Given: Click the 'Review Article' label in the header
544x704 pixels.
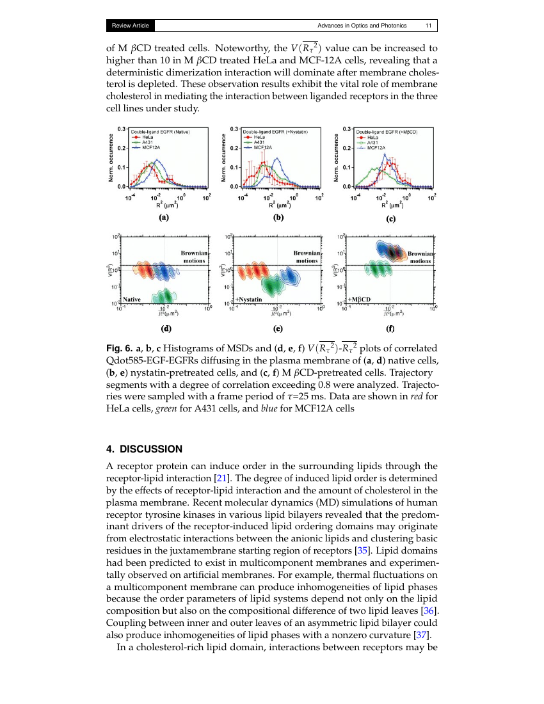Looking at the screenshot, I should coord(131,26).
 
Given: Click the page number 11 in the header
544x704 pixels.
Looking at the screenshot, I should coord(428,26).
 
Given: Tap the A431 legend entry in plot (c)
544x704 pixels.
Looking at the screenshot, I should coord(370,142).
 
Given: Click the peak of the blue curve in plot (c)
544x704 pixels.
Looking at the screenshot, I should coord(384,154).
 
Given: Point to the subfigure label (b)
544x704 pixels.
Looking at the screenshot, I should coord(278,218).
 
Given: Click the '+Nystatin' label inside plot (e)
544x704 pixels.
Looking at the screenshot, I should coord(249,299).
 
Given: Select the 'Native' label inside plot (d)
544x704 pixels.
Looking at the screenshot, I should coord(132,299).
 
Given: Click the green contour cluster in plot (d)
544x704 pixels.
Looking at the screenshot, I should coord(164,296).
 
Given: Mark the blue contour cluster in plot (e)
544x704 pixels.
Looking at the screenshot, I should coord(289,276).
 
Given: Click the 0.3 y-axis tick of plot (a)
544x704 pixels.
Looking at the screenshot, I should coord(120,129).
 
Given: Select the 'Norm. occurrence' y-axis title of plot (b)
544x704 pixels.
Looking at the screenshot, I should coord(224,157).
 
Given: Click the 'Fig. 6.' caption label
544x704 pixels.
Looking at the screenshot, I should coord(120,348).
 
